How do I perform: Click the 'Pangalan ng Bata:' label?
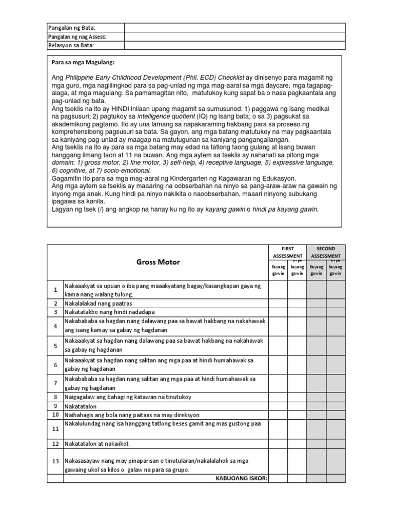pyautogui.click(x=71, y=27)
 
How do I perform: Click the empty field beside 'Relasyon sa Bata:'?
pyautogui.click(x=234, y=45)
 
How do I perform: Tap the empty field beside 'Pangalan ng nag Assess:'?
pyautogui.click(x=234, y=36)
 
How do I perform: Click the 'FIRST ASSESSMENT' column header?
pyautogui.click(x=287, y=252)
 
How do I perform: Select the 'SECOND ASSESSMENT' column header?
pyautogui.click(x=326, y=252)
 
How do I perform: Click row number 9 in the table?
pyautogui.click(x=55, y=406)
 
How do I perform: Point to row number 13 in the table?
pyautogui.click(x=55, y=461)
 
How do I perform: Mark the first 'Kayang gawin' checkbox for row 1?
pyautogui.click(x=278, y=290)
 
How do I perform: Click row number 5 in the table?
pyautogui.click(x=55, y=346)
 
